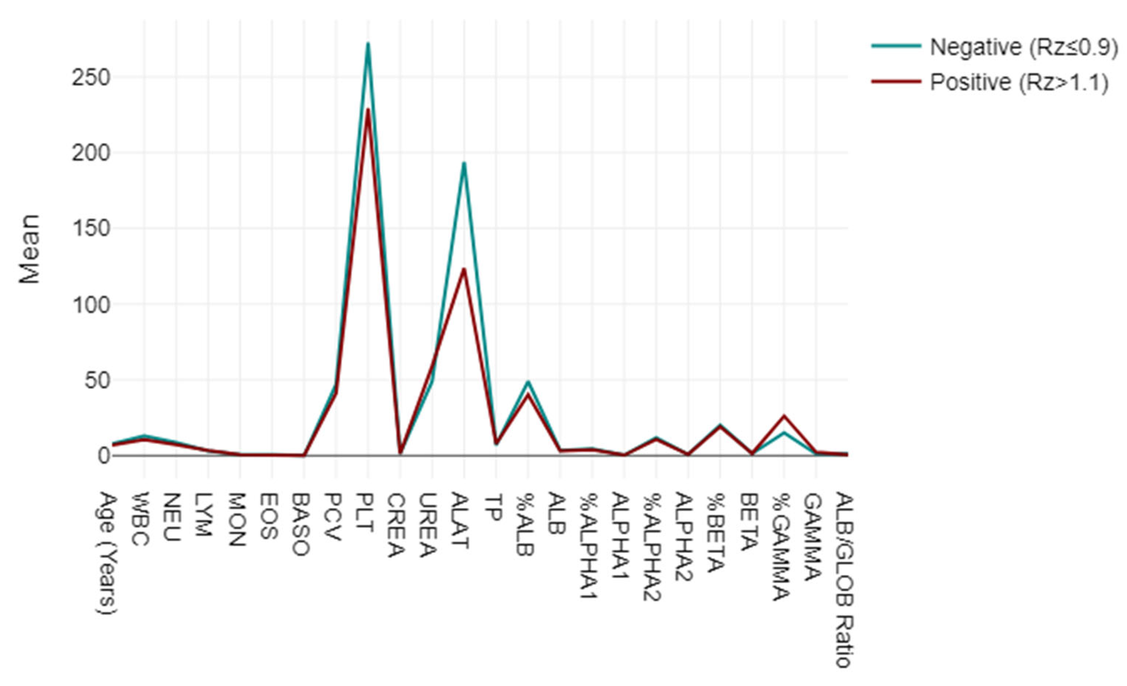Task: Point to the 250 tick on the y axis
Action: pyautogui.click(x=91, y=77)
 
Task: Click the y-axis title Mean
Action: pyautogui.click(x=30, y=249)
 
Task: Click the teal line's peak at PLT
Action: pyautogui.click(x=368, y=43)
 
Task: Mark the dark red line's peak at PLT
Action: pyautogui.click(x=368, y=109)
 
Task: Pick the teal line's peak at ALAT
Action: pyautogui.click(x=464, y=163)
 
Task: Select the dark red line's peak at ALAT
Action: pyautogui.click(x=464, y=269)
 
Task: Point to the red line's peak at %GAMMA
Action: pyautogui.click(x=784, y=416)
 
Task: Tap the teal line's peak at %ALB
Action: pyautogui.click(x=528, y=382)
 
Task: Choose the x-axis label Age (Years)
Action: pyautogui.click(x=109, y=553)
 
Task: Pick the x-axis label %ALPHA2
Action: pyautogui.click(x=652, y=546)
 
